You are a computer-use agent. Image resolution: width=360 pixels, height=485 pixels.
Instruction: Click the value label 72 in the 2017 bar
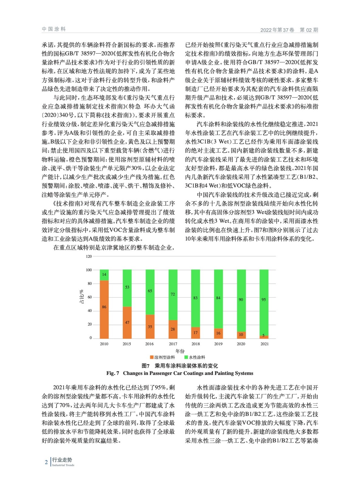tap(173, 294)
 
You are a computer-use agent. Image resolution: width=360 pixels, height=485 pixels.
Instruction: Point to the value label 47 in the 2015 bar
tap(127, 323)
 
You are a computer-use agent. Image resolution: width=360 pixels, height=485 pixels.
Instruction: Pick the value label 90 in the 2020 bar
tap(241, 299)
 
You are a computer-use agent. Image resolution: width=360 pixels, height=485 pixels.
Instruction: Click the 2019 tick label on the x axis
tap(218, 344)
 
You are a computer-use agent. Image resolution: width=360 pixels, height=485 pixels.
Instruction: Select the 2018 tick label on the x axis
tap(196, 344)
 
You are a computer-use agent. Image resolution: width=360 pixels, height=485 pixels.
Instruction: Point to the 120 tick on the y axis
tap(89, 256)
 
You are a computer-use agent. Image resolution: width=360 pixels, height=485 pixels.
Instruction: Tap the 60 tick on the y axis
tap(90, 297)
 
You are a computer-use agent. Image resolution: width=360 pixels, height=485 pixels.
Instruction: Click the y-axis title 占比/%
tap(81, 297)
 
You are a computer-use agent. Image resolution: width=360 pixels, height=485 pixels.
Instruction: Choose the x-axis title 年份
tap(180, 351)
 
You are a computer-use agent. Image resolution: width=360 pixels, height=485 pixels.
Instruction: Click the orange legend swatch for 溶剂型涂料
tap(152, 357)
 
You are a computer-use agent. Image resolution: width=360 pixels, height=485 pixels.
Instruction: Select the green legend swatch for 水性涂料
tap(186, 357)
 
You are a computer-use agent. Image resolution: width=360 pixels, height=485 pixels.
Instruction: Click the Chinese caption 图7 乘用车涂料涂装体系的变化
tap(180, 366)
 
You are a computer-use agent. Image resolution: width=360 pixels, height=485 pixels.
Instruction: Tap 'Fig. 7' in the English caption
tap(113, 373)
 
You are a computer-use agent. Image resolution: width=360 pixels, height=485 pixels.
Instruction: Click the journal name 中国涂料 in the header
tap(54, 29)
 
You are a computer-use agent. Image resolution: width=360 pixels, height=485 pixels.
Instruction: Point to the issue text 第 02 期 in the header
tap(309, 30)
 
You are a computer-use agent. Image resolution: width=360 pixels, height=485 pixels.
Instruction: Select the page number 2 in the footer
tap(46, 462)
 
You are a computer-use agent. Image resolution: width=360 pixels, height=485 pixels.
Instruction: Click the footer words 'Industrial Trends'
tap(63, 465)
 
